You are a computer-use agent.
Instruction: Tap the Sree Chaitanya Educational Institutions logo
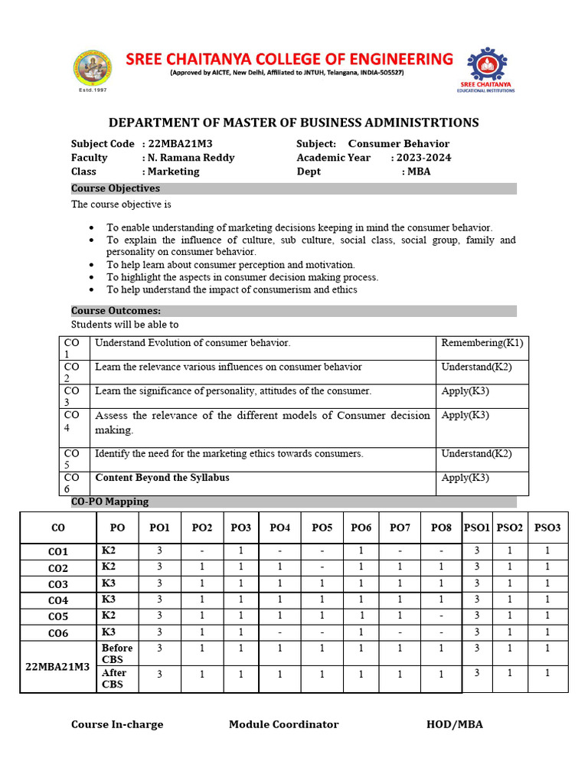[485, 69]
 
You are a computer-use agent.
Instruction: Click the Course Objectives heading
[116, 188]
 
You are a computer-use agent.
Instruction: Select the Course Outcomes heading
[116, 311]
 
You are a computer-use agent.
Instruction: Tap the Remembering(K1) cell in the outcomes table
[482, 343]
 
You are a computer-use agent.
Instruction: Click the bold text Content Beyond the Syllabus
[162, 478]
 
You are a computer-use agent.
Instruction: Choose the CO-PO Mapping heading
[109, 501]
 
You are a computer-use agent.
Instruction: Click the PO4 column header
[280, 528]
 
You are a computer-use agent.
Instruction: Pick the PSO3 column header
[547, 528]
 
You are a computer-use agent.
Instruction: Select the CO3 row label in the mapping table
[58, 584]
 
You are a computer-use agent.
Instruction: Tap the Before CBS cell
[117, 653]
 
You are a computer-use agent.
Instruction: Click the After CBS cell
[114, 678]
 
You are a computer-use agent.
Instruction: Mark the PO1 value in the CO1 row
[159, 551]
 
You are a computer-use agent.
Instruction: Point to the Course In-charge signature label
[117, 724]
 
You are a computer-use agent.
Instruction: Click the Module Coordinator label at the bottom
[283, 724]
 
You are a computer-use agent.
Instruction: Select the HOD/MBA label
[455, 724]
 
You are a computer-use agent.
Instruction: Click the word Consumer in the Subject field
[372, 144]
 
